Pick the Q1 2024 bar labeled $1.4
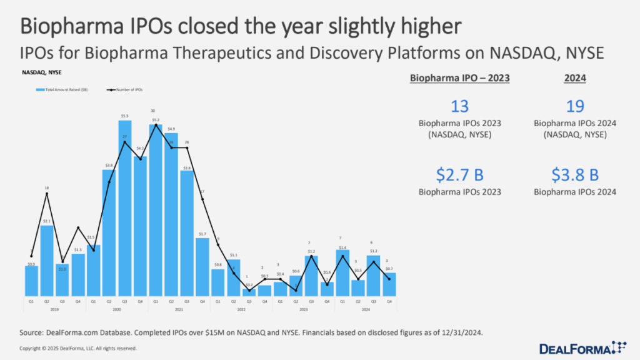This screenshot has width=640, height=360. pos(342,272)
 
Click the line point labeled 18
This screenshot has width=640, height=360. pos(47,194)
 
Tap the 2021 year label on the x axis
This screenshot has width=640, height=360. pos(179,309)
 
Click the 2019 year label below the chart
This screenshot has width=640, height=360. pos(54,309)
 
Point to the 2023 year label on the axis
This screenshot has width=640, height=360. pos(303,309)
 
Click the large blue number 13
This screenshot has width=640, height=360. pos(459,106)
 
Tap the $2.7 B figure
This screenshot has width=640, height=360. pos(459,173)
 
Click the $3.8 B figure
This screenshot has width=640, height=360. pos(574,173)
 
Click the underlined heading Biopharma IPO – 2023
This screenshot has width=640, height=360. pos(459,79)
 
